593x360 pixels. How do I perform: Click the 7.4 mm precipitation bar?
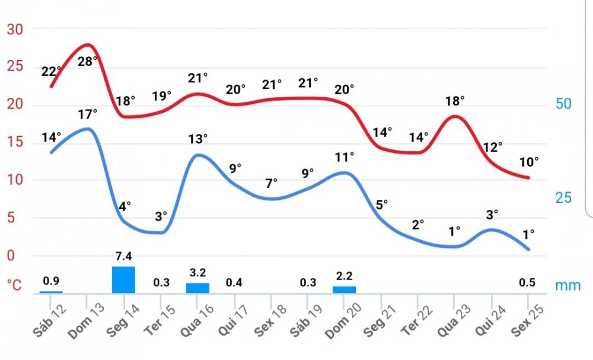[123, 279]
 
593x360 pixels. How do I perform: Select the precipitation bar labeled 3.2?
[197, 288]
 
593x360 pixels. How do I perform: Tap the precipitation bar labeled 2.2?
[344, 289]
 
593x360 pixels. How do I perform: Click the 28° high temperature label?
[88, 60]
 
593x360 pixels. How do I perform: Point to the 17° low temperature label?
[88, 113]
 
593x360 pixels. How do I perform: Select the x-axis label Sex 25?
[528, 322]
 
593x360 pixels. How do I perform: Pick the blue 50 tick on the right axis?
[563, 104]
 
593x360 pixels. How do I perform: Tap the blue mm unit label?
[568, 286]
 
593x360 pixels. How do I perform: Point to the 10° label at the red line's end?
[529, 161]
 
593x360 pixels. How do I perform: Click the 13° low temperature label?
[198, 139]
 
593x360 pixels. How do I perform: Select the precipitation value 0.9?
[52, 281]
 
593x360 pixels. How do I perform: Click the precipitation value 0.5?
[527, 282]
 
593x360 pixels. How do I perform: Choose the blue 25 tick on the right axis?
[563, 197]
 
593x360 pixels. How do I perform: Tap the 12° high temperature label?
[492, 146]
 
